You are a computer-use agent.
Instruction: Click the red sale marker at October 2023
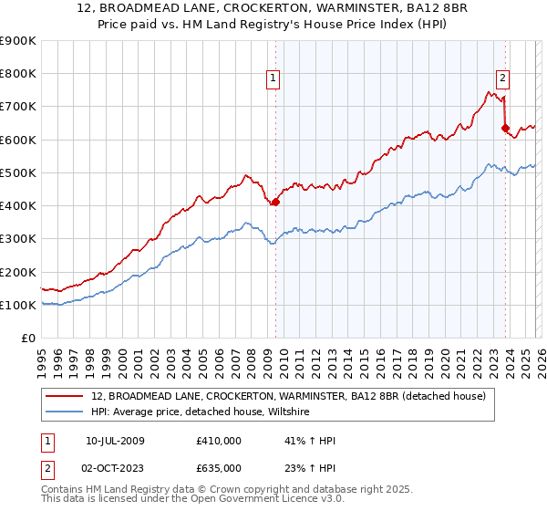click(x=505, y=129)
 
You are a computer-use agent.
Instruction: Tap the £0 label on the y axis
click(x=29, y=338)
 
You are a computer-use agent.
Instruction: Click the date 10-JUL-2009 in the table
click(x=115, y=441)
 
